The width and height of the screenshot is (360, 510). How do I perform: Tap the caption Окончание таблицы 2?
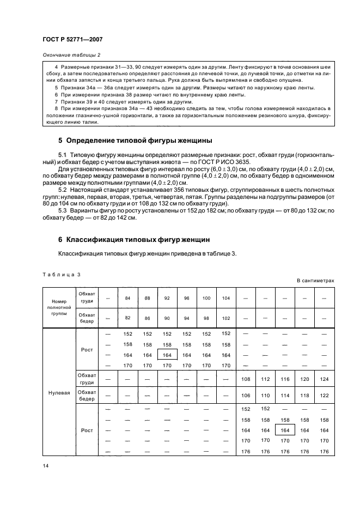click(x=71, y=55)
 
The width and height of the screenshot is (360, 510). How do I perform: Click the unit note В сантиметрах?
click(x=315, y=281)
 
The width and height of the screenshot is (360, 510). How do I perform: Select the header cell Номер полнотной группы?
click(x=58, y=307)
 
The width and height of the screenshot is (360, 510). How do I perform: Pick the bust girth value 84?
click(x=127, y=298)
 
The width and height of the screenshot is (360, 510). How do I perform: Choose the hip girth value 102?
click(x=226, y=317)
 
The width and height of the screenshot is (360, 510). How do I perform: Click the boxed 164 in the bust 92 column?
click(x=167, y=355)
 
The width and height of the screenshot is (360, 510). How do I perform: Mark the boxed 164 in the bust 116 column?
click(x=285, y=430)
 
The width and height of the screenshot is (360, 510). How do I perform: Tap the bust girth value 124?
click(x=325, y=378)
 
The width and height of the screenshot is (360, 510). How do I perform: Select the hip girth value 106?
click(x=246, y=395)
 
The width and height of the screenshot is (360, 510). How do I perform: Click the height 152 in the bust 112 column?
click(x=265, y=409)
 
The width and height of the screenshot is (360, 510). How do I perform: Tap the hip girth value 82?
click(x=127, y=317)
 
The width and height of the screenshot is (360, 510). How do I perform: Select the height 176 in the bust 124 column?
click(x=325, y=451)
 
